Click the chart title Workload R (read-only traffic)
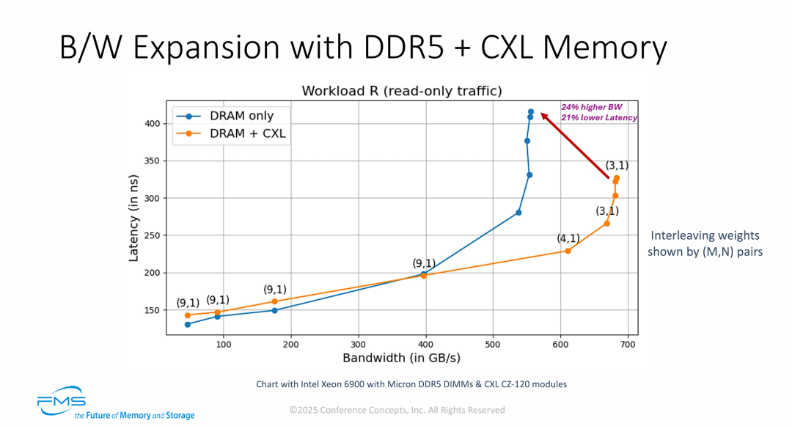point(402,91)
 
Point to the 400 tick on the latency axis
point(150,123)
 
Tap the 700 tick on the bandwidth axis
point(627,343)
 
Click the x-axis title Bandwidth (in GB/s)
point(401,359)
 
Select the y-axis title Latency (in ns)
point(134,218)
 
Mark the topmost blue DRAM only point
point(530,111)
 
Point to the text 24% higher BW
point(592,106)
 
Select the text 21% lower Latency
point(599,117)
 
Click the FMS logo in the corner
point(62,403)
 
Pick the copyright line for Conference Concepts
point(397,410)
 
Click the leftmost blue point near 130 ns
point(188,324)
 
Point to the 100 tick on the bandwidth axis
point(224,343)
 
